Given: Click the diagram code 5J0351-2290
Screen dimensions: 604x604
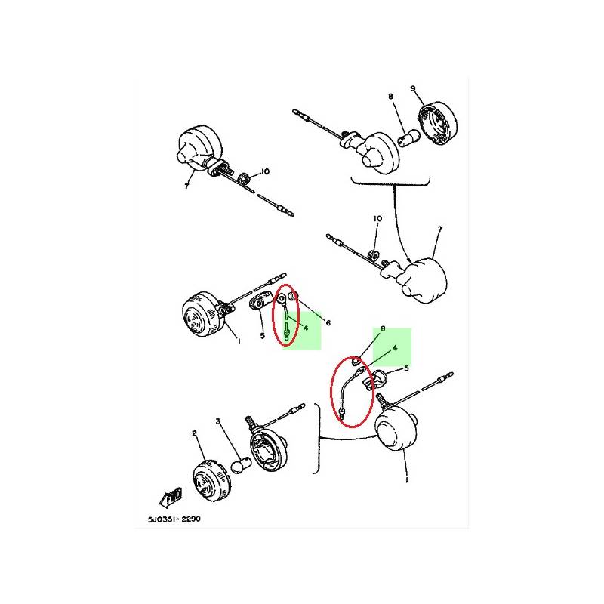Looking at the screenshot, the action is click(174, 519).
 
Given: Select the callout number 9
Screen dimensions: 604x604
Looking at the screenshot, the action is click(413, 88).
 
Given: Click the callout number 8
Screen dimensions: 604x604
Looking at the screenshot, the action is click(390, 96).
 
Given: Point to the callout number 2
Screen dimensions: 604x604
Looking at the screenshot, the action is click(195, 433).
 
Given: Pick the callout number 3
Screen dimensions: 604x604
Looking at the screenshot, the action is click(218, 421).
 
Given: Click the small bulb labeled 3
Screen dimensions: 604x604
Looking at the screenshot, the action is click(240, 464).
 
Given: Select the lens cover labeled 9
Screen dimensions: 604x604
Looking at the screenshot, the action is click(438, 123).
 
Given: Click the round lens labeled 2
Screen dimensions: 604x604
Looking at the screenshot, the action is click(211, 480).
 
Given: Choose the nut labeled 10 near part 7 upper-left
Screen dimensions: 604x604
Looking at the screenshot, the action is click(244, 179).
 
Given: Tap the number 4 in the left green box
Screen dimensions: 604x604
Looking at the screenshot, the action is click(306, 328).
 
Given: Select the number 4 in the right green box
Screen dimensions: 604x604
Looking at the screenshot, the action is click(395, 348).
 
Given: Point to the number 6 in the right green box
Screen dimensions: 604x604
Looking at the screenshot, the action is click(383, 328).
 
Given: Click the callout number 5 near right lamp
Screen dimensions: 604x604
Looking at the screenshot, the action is click(406, 368).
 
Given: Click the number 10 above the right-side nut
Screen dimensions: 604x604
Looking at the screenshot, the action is click(377, 218).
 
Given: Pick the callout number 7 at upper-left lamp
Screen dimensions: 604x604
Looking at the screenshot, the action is click(186, 186).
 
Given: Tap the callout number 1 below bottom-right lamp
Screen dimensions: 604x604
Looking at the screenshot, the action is click(407, 480).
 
